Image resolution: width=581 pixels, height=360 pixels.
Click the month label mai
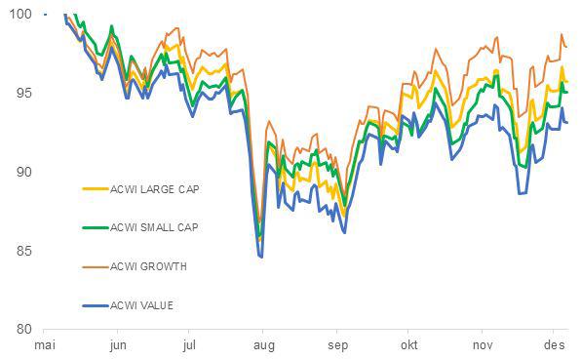pyautogui.click(x=45, y=345)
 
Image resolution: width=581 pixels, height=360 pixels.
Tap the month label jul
pyautogui.click(x=190, y=345)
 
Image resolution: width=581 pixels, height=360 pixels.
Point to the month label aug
pyautogui.click(x=263, y=345)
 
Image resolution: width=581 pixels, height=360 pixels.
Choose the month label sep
pyautogui.click(x=337, y=345)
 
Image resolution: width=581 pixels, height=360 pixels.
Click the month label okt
pyautogui.click(x=408, y=345)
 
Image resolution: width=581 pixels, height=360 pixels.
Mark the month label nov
pyautogui.click(x=483, y=345)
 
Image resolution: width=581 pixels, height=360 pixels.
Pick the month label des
pyautogui.click(x=554, y=345)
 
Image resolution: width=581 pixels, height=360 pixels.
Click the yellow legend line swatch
pyautogui.click(x=95, y=189)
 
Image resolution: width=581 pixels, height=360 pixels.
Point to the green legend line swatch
pyautogui.click(x=95, y=227)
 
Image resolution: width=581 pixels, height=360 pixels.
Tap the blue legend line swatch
pyautogui.click(x=95, y=306)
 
